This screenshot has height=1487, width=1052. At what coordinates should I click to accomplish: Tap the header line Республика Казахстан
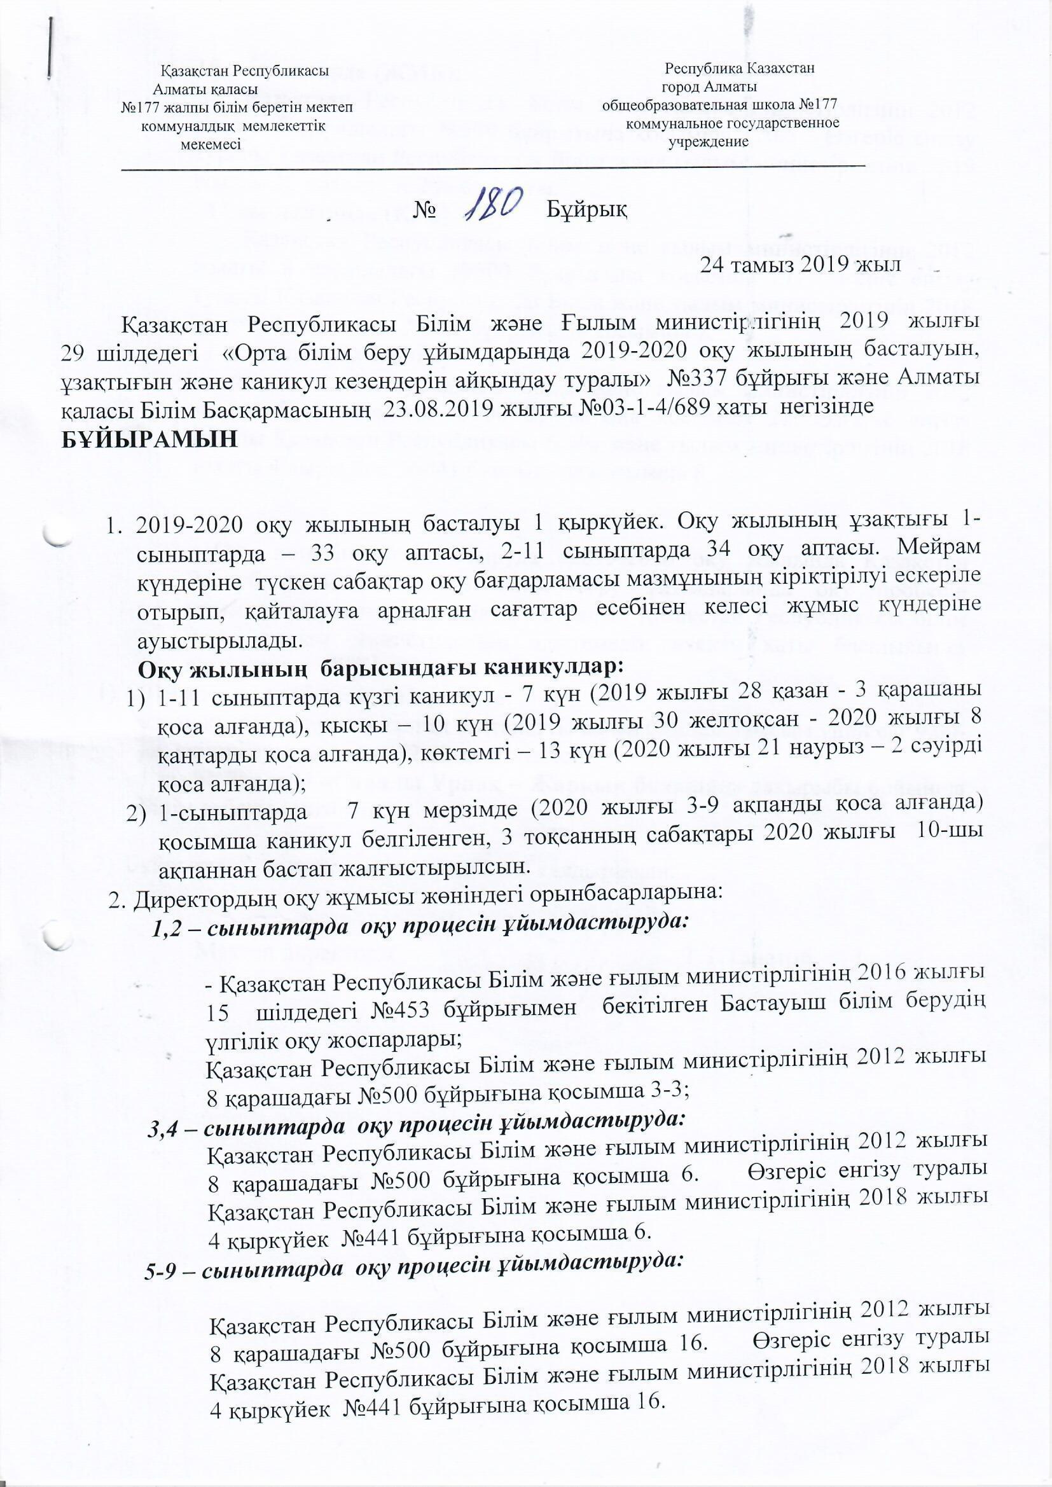[738, 67]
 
